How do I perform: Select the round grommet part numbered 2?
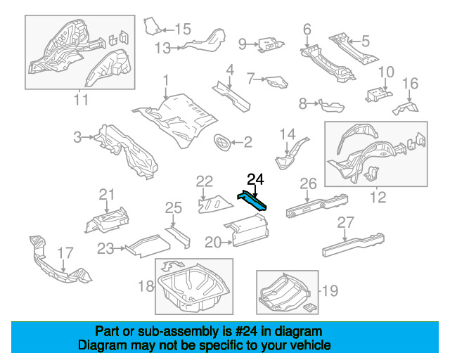pyautogui.click(x=223, y=143)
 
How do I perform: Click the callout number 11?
pyautogui.click(x=81, y=99)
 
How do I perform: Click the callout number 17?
pyautogui.click(x=65, y=252)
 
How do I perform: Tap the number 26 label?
pyautogui.click(x=309, y=184)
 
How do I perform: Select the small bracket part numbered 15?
pyautogui.click(x=152, y=27)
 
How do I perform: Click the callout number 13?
pyautogui.click(x=162, y=49)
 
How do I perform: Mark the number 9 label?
pyautogui.click(x=243, y=44)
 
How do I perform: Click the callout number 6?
pyautogui.click(x=307, y=29)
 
